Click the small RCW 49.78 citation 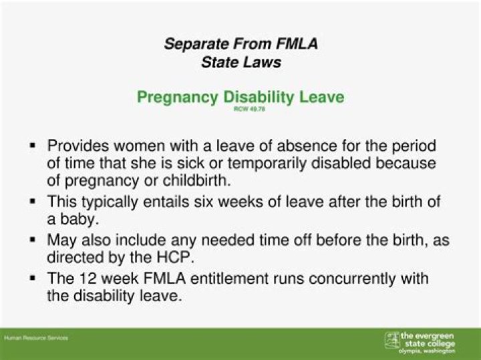click(240, 109)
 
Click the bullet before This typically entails click(32, 200)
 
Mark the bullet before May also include click(32, 238)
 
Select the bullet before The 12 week click(32, 277)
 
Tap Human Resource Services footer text click(36, 338)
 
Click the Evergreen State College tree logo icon click(391, 340)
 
